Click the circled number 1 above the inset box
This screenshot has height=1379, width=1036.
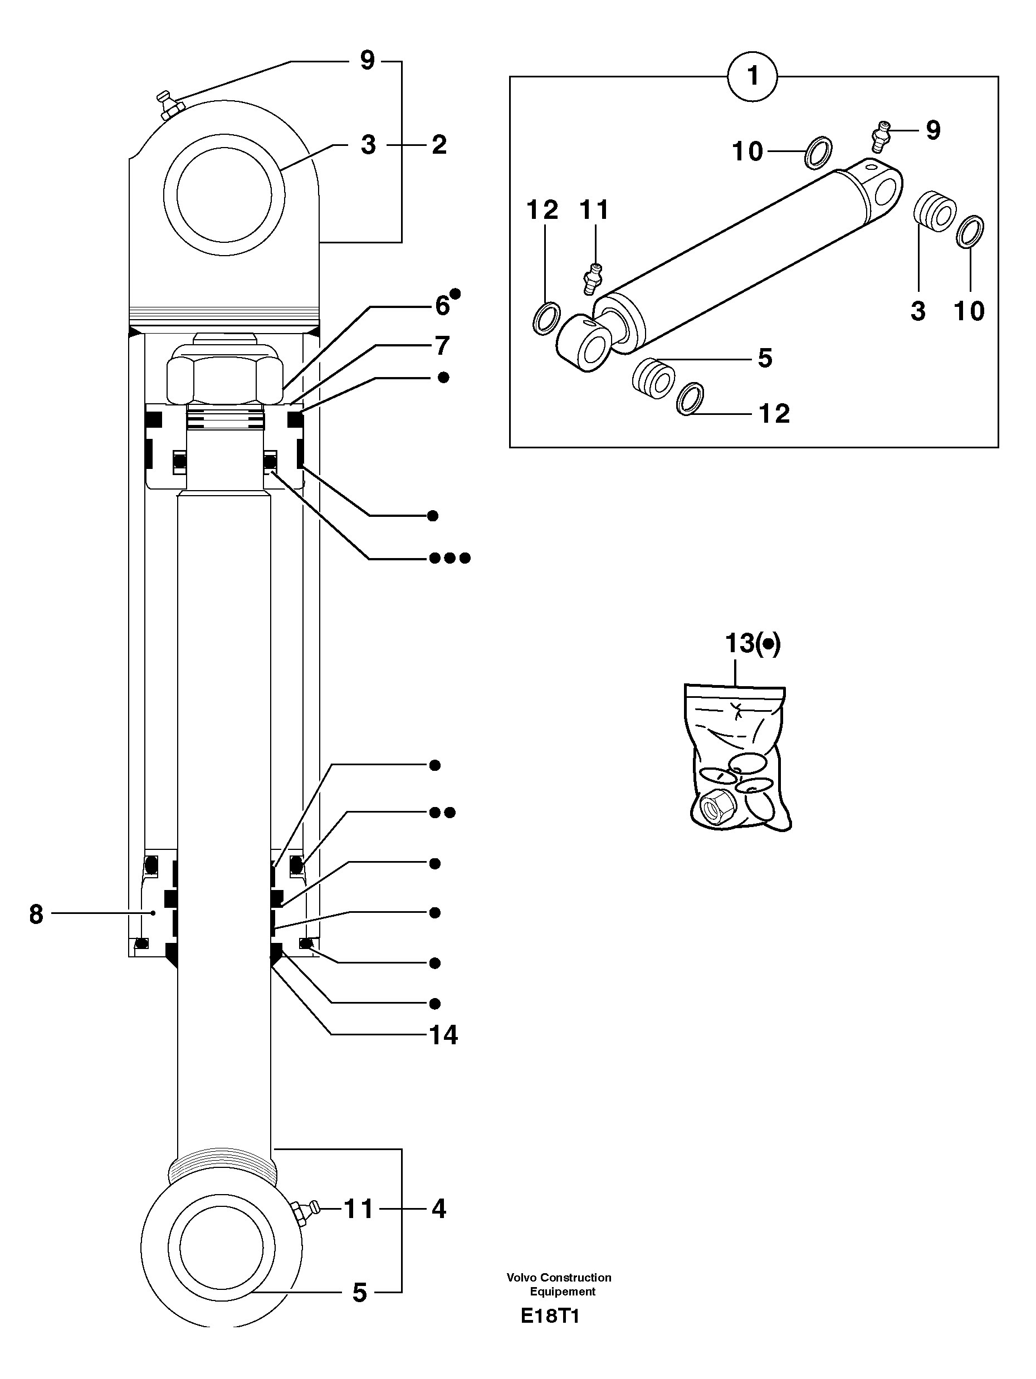point(752,76)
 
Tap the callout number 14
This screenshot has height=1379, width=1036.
point(443,1035)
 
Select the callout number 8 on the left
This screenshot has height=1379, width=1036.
point(36,915)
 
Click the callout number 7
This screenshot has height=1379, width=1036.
point(442,345)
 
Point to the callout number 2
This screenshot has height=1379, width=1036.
point(439,145)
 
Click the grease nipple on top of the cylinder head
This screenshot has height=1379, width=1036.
point(168,105)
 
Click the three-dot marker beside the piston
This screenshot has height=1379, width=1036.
point(449,558)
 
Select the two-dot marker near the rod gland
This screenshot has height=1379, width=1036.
point(443,813)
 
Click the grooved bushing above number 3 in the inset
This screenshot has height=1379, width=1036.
point(935,210)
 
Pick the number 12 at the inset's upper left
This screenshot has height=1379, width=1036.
point(543,210)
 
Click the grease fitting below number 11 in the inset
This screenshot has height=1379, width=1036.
point(592,278)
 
